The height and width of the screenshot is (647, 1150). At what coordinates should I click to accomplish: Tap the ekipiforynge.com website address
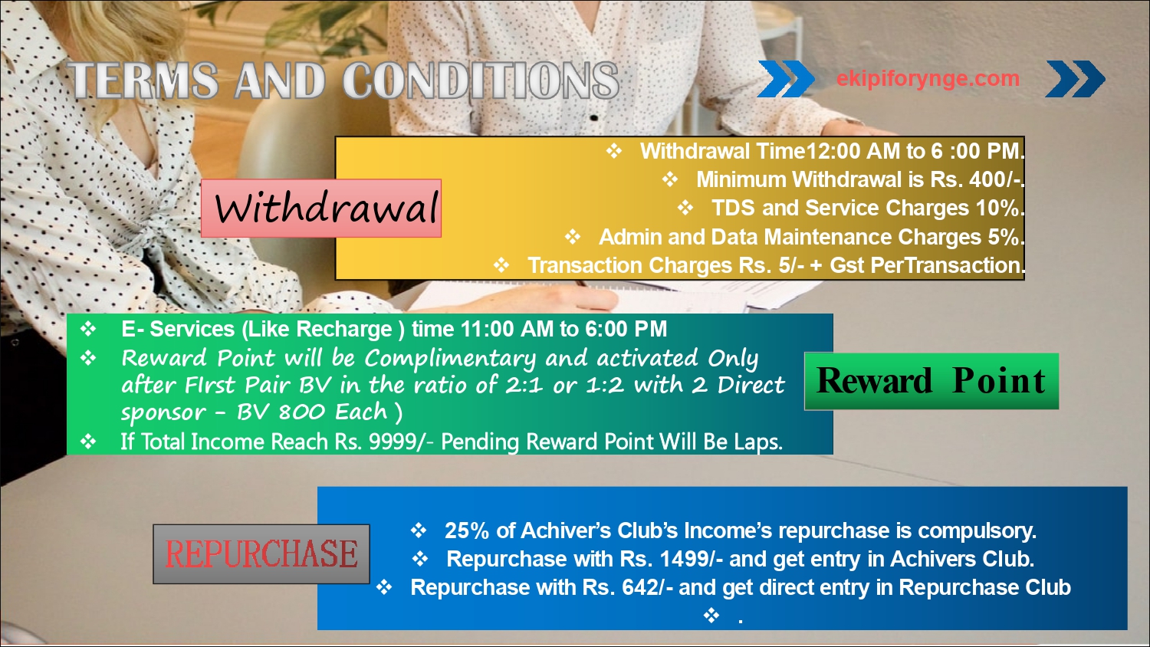(x=928, y=78)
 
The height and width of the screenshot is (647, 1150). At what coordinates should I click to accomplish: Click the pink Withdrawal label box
(x=321, y=208)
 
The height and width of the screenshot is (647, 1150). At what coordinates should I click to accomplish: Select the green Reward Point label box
(x=932, y=381)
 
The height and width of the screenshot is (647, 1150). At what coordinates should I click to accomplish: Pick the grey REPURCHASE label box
(x=261, y=553)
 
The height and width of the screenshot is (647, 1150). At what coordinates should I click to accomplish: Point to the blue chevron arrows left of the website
(x=786, y=78)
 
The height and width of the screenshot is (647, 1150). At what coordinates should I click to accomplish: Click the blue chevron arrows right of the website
(x=1076, y=78)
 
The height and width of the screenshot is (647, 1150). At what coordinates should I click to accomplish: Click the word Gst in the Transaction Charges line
(x=847, y=265)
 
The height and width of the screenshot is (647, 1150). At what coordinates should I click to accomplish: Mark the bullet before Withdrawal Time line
(x=614, y=151)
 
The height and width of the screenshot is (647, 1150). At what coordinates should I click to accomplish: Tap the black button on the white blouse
(x=594, y=117)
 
